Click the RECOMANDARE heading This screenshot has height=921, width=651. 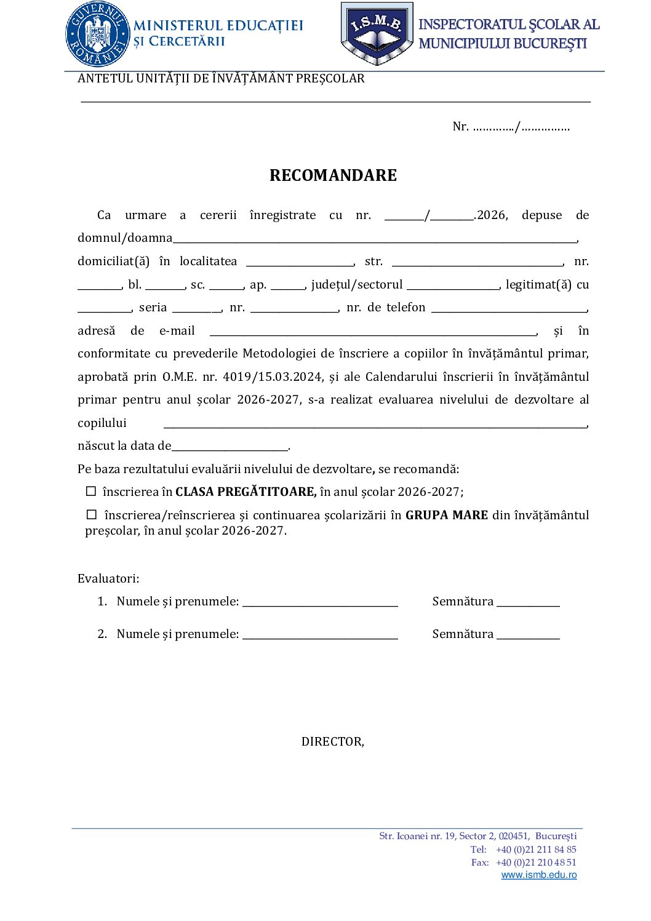click(333, 175)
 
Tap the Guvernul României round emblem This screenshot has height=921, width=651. click(98, 34)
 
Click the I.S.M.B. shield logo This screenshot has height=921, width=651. click(377, 33)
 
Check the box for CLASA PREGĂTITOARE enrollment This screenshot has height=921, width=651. click(91, 491)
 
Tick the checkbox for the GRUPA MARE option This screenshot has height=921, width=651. click(92, 514)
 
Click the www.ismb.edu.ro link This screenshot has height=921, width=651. click(539, 875)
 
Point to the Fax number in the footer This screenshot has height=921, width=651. click(536, 863)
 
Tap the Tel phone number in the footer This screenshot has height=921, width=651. click(536, 850)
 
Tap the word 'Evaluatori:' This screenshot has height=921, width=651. click(108, 578)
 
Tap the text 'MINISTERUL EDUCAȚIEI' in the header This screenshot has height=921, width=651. click(218, 26)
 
